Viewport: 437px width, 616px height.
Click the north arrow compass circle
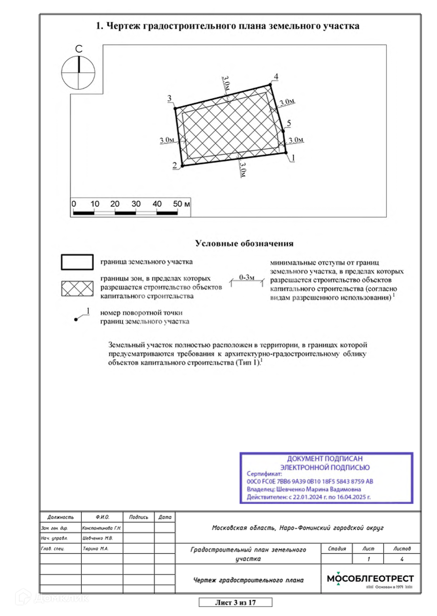78,73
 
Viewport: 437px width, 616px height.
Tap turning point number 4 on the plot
270,85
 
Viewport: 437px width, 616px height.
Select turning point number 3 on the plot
175,108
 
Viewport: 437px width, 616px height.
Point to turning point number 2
182,166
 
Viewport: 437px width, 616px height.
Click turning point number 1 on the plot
286,153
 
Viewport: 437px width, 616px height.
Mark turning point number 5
283,131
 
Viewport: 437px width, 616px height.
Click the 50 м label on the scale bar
181,204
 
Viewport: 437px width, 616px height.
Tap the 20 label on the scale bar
115,204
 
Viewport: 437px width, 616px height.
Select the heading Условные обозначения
244,244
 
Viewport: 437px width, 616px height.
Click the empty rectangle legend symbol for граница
77,262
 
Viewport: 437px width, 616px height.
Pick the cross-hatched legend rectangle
77,288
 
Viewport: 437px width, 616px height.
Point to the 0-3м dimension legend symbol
247,280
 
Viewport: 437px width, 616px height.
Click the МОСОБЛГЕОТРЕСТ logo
370,579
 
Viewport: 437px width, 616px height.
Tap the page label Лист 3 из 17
235,602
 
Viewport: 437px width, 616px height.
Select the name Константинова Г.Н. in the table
101,528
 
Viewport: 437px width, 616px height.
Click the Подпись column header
139,517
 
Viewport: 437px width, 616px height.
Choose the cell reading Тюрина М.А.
96,549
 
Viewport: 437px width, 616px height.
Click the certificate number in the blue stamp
310,481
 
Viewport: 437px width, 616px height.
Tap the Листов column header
402,549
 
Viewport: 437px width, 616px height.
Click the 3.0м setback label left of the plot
167,140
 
